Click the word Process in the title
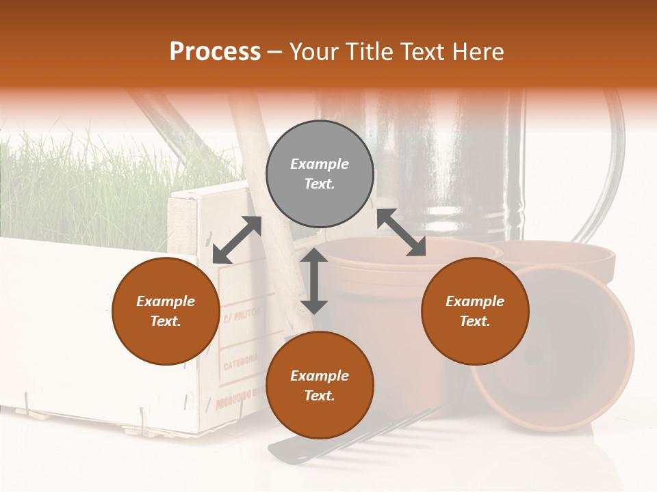tap(215, 52)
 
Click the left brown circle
tap(166, 311)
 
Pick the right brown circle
tap(475, 311)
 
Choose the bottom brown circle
tap(320, 385)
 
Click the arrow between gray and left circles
tap(237, 240)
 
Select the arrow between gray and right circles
tap(401, 232)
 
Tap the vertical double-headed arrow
tap(314, 281)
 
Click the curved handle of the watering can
tap(609, 171)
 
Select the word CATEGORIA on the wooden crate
tap(240, 360)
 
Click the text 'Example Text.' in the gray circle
tap(320, 174)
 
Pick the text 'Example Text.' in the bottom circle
tap(320, 385)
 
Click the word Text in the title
tap(420, 52)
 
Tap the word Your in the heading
tap(314, 52)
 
